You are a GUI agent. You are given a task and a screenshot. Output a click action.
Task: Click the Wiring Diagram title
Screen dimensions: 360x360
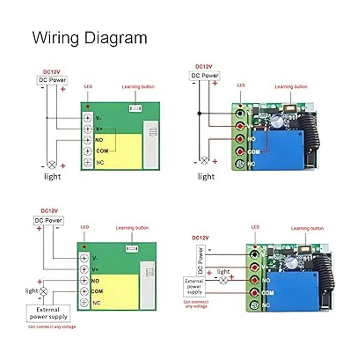coord(89,38)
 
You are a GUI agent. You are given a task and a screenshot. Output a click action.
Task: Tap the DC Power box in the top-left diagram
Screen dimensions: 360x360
coord(52,80)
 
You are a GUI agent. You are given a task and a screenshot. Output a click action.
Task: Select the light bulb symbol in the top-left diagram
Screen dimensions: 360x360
coord(52,164)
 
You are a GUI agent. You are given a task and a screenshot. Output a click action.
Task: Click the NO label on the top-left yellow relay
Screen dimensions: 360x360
coord(99,140)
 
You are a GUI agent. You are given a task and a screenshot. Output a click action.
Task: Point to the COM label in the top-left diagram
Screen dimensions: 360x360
coord(102,151)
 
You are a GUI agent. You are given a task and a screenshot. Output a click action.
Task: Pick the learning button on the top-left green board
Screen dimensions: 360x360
coord(135,108)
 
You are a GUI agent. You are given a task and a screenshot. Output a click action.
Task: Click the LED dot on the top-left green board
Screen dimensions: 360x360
coord(87,106)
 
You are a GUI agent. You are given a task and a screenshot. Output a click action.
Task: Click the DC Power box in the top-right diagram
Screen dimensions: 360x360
coord(205,76)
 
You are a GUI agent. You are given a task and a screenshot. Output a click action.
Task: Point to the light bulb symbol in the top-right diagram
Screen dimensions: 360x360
coord(205,160)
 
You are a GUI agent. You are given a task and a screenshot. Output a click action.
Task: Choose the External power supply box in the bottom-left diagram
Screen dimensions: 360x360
coord(48,313)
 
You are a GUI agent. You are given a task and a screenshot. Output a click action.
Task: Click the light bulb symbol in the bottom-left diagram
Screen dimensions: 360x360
coord(44,291)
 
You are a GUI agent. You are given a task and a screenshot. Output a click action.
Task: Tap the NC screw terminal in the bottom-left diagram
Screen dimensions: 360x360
coord(84,303)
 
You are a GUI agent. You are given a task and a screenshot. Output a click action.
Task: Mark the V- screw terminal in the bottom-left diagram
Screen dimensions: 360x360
coord(84,258)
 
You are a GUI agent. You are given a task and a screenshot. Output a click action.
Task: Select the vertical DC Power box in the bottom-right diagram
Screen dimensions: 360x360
coord(200,260)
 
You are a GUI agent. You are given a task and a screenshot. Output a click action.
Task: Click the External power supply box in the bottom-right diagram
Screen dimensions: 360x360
coord(194,286)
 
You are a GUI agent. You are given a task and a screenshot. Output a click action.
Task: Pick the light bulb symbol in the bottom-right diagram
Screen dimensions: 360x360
coord(223,280)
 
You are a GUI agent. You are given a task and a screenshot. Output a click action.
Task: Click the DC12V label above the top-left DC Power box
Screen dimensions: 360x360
coord(52,72)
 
